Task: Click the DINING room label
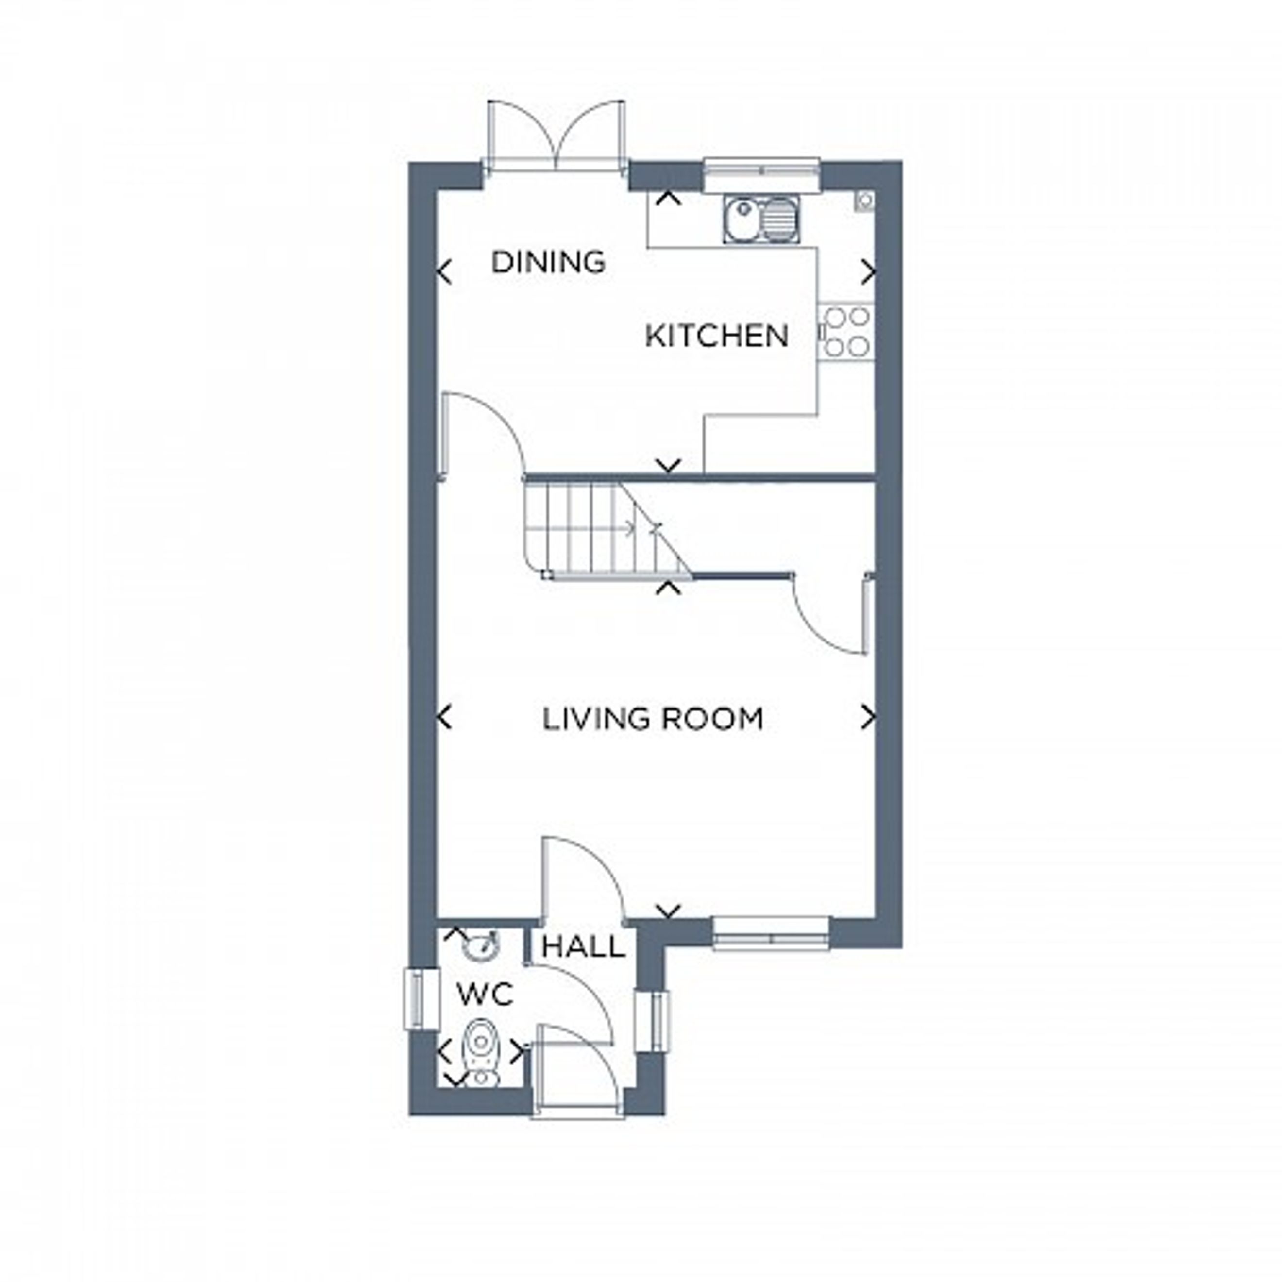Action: click(548, 262)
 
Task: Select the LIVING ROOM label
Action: click(653, 719)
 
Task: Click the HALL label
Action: click(583, 947)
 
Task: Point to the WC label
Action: click(485, 994)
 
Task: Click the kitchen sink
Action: click(762, 219)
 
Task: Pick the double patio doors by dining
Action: click(556, 136)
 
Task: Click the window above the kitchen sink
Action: click(761, 169)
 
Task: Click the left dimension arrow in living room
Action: click(445, 717)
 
